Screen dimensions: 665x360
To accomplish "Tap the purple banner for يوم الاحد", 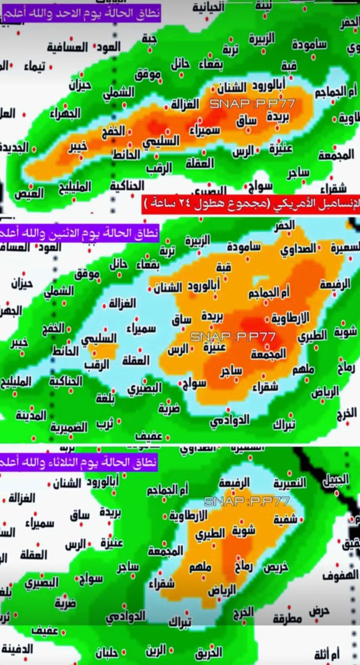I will coord(81,11).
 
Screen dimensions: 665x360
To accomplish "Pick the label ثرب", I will coord(105,424).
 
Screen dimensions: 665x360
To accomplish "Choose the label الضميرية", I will coord(69,427).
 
